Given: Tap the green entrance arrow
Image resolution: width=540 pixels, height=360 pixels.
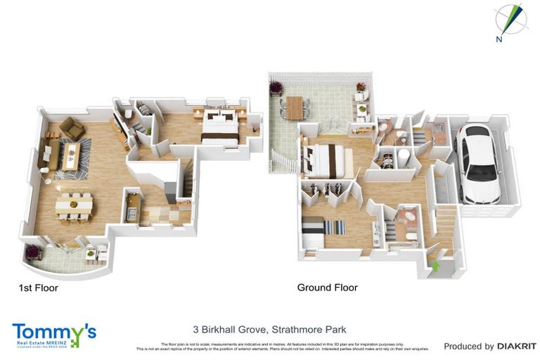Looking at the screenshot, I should click(435, 266).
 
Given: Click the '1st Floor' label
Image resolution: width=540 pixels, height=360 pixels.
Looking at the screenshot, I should click(38, 288).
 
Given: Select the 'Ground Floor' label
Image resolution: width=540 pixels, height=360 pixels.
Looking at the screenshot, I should click(327, 288).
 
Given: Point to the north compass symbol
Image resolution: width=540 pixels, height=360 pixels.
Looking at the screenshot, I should click(509, 19).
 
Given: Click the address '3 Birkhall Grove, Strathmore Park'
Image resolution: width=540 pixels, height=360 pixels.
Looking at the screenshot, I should click(270, 329).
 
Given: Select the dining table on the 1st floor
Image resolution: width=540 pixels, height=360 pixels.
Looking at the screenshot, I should click(75, 205).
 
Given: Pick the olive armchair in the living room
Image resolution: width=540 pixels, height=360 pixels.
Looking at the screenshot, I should click(72, 127).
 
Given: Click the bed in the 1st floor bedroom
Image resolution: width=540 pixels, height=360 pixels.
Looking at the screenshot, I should click(219, 127).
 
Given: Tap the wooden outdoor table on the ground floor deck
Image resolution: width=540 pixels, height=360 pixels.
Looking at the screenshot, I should click(293, 108).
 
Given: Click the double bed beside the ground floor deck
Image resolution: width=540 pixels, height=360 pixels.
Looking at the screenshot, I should click(328, 161).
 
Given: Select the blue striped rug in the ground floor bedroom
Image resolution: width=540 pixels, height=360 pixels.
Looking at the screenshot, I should click(335, 228).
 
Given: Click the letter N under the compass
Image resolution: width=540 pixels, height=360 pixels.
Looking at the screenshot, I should click(499, 39).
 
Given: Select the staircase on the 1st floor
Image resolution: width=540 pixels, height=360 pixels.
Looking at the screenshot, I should click(186, 179).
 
